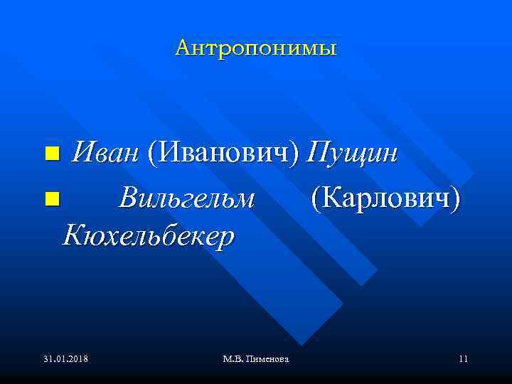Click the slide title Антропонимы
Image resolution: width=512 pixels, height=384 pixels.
256,48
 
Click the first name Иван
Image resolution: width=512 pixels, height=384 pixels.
106,152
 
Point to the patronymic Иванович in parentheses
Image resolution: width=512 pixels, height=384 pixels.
224,152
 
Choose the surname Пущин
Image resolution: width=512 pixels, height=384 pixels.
352,152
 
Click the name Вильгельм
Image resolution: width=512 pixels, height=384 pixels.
186,199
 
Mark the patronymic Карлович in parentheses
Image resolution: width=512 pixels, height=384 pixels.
385,199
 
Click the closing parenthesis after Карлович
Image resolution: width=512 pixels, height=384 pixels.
455,200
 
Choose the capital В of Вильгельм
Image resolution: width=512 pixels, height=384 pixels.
128,199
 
